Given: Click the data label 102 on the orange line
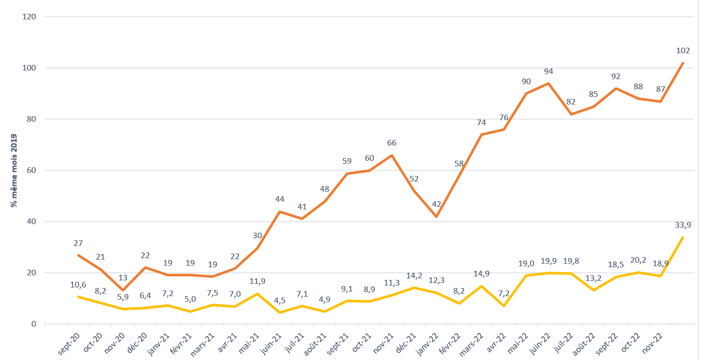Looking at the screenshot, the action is point(683,50).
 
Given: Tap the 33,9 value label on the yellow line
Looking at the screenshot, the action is point(683,225).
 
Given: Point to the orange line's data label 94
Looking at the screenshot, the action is point(548,71).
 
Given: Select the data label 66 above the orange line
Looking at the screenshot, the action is point(392,143).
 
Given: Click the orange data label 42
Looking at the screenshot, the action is point(436,204).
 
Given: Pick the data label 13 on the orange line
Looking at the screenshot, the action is point(123,277).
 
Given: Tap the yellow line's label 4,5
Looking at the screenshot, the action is point(279,301).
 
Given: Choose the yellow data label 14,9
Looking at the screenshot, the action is point(481,274).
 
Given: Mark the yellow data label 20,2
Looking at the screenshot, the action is point(638,260).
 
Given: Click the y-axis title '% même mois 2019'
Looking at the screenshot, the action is point(14,170).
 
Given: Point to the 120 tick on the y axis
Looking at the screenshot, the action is point(29,17).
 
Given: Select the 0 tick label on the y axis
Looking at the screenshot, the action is point(33,324).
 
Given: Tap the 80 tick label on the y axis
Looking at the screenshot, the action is point(31,119).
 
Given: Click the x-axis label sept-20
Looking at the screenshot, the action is point(68,344).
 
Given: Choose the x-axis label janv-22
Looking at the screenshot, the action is point(428,345).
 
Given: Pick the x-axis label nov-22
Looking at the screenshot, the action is point(652,343).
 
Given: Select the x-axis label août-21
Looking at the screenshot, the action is point(315,345).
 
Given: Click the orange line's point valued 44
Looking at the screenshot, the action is point(279,211).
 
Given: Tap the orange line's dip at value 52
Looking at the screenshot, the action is point(414,191).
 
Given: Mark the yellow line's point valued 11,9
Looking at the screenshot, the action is point(257,294).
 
